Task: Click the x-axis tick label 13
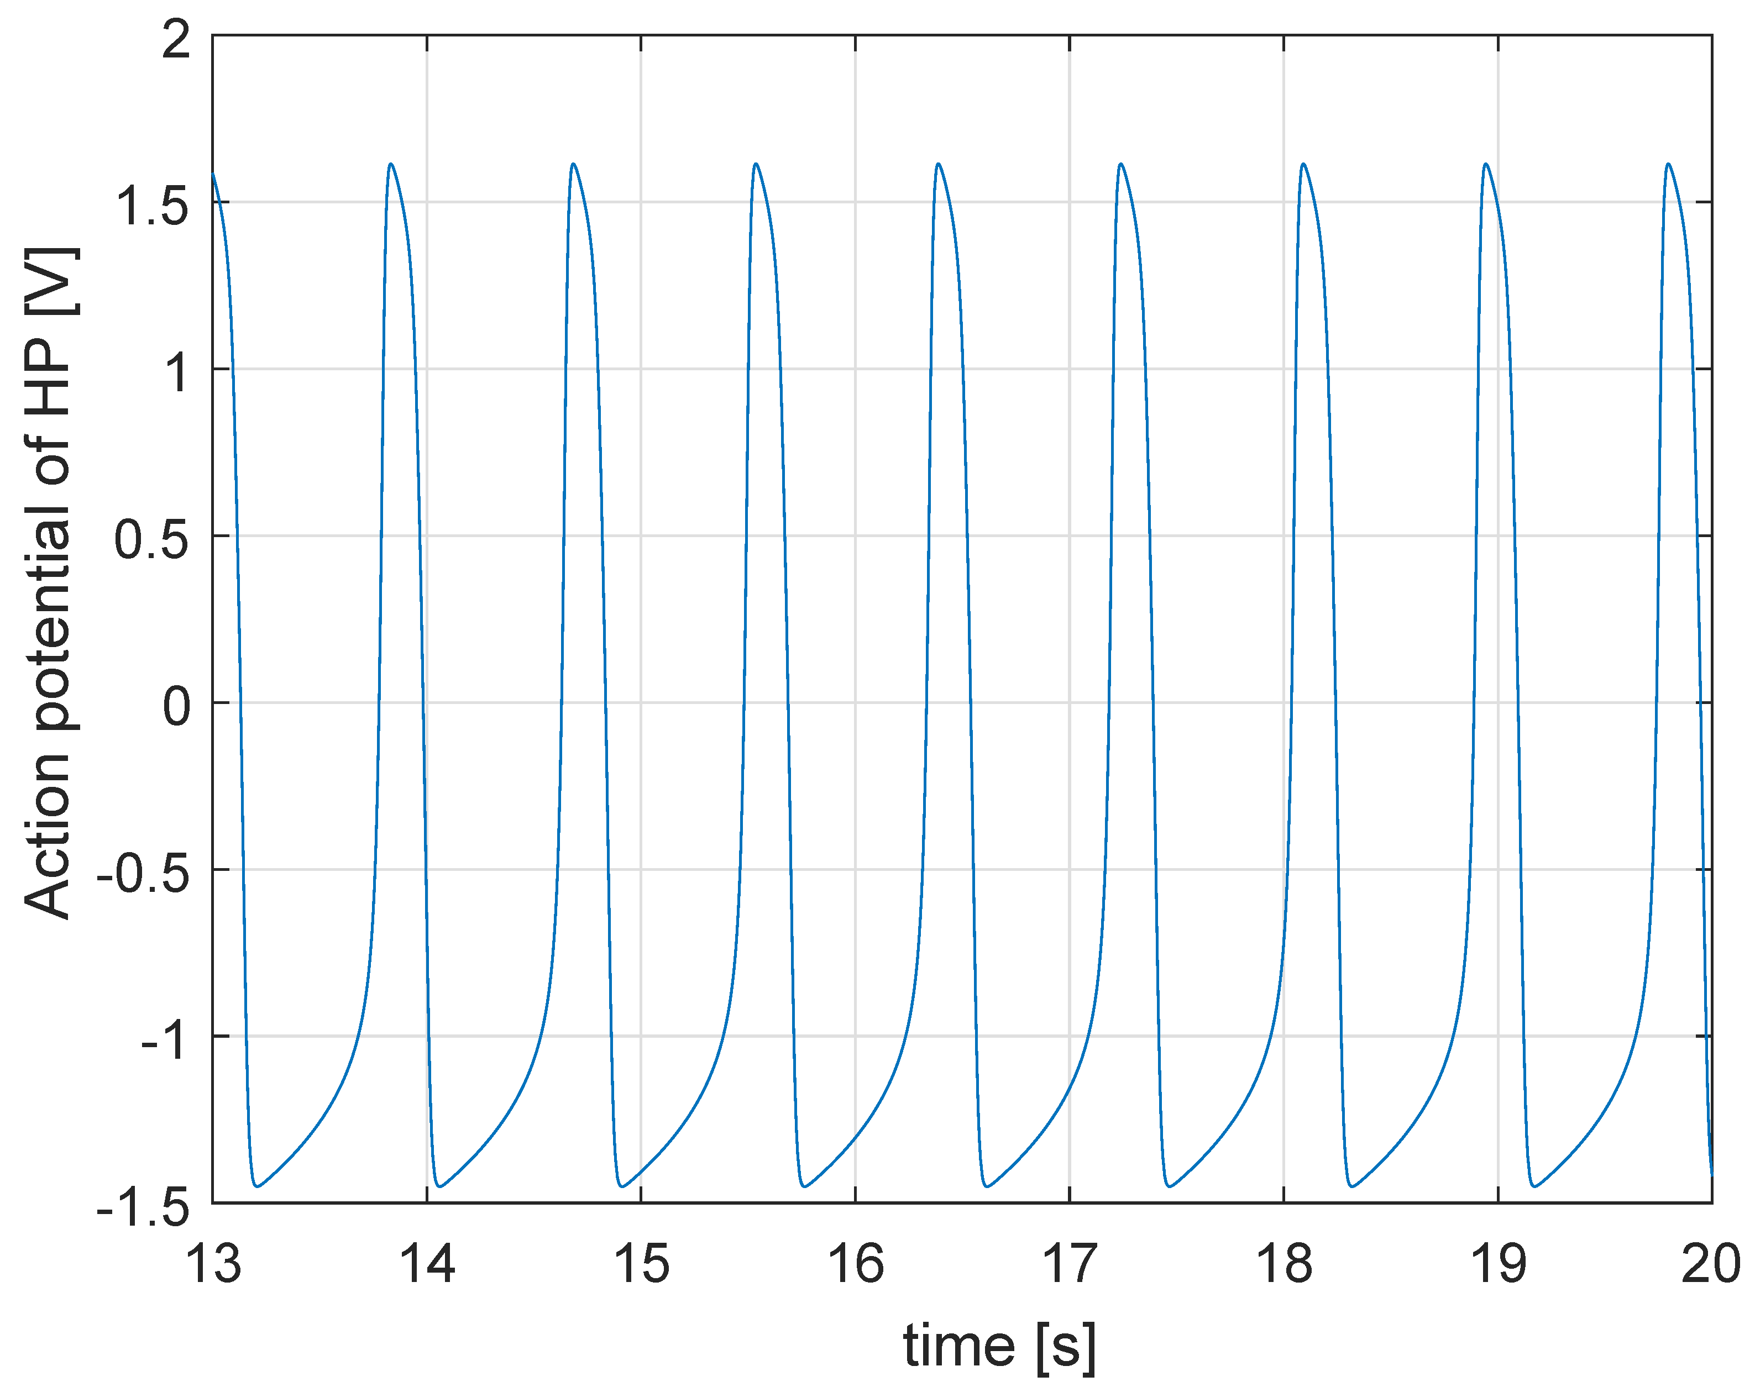(x=213, y=1264)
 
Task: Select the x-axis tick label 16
(x=855, y=1264)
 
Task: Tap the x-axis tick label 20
(x=1710, y=1264)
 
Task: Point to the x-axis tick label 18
(x=1283, y=1264)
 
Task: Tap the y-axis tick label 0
(x=176, y=706)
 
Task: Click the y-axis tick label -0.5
(x=144, y=874)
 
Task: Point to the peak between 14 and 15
(x=573, y=164)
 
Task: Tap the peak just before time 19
(x=1485, y=164)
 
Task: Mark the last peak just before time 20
(x=1668, y=164)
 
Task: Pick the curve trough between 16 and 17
(x=987, y=1186)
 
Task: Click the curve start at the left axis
(x=213, y=174)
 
